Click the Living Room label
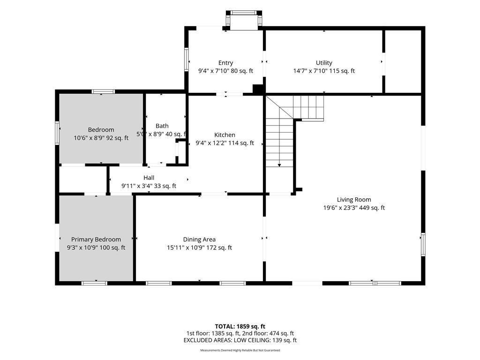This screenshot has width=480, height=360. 354,200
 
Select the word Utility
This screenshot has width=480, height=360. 324,63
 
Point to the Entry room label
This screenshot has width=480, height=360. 225,63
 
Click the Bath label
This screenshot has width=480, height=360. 162,126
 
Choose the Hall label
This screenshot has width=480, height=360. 149,178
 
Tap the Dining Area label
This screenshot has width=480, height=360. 199,240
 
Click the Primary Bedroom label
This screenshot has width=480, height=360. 96,240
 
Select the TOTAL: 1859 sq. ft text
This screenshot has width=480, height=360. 240,326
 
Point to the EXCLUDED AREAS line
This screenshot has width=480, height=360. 240,340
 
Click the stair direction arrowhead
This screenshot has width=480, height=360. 279,165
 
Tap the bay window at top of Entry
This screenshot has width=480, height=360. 244,20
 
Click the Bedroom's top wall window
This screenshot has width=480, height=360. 104,91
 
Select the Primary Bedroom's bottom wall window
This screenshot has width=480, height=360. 94,283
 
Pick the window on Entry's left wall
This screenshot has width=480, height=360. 186,60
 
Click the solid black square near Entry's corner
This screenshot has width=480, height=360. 258,90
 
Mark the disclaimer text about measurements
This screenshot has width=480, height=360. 240,350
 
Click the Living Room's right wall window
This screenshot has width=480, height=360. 423,244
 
